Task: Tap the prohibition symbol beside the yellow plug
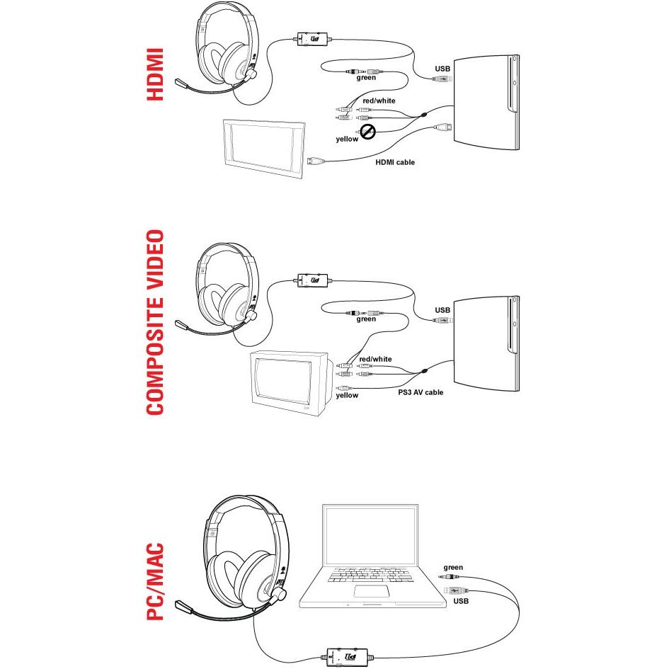[367, 131]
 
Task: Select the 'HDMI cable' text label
[395, 163]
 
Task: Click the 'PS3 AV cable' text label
[421, 391]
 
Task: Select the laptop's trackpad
[374, 591]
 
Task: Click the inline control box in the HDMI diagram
[312, 40]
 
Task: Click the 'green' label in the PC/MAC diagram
[453, 568]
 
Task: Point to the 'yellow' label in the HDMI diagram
[347, 139]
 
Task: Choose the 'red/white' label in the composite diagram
[375, 359]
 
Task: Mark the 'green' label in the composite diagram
[366, 319]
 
